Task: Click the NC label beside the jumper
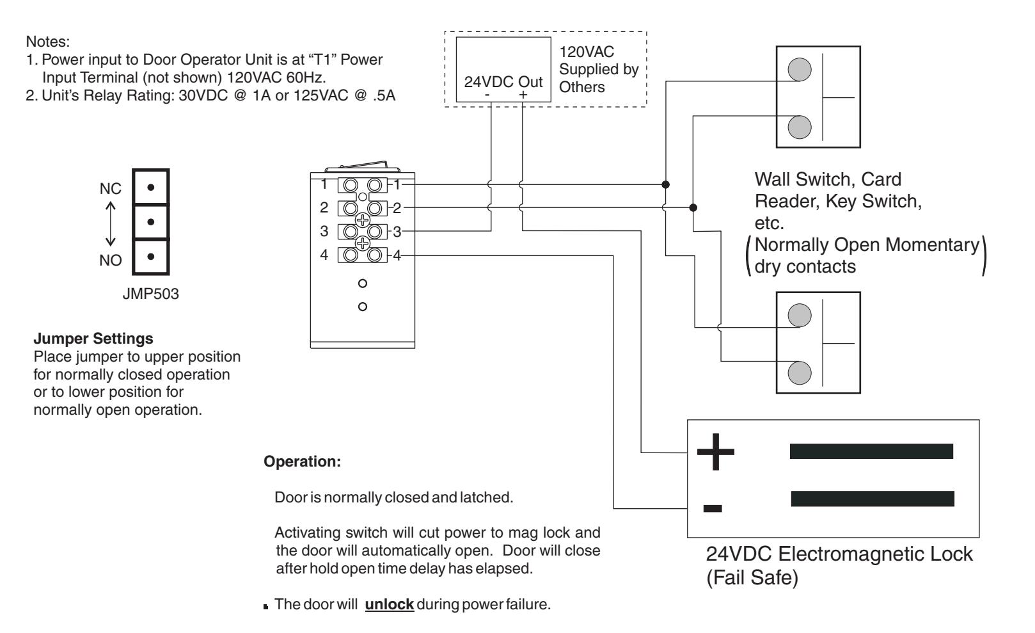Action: (x=111, y=189)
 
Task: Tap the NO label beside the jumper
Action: (x=111, y=260)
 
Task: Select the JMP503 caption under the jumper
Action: (x=150, y=294)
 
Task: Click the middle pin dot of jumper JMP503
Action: (x=150, y=222)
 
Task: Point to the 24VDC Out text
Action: (x=503, y=82)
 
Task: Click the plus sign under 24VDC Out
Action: (x=523, y=95)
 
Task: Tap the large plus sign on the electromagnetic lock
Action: (x=716, y=452)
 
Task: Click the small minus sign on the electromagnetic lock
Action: (x=713, y=509)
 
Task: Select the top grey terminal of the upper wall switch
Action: (x=800, y=69)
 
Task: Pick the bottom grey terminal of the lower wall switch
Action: (x=800, y=373)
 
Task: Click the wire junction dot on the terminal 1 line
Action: (x=665, y=184)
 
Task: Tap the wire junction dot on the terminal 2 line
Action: (x=693, y=207)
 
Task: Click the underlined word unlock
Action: (x=390, y=604)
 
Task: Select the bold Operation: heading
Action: (x=302, y=461)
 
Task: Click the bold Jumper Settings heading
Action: (x=93, y=339)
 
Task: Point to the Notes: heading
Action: (x=48, y=42)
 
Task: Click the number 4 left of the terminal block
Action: (x=324, y=255)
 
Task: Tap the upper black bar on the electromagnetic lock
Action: (x=871, y=451)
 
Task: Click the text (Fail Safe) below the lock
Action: (x=752, y=577)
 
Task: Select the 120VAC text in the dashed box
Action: (x=587, y=52)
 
